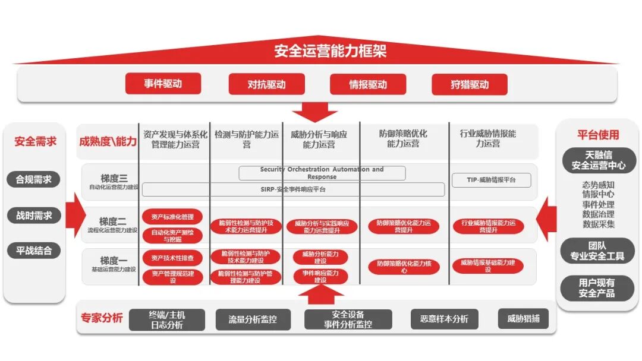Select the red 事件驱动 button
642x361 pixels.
(x=162, y=84)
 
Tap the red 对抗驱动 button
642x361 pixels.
(x=266, y=84)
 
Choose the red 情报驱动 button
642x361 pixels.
(x=368, y=84)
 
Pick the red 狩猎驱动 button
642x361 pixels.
(x=470, y=84)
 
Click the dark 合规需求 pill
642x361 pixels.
(x=34, y=179)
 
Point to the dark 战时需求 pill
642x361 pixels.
(x=34, y=215)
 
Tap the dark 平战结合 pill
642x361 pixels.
(x=34, y=251)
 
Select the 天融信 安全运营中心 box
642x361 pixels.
(x=598, y=160)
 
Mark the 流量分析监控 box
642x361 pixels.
(x=253, y=319)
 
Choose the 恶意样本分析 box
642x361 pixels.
(x=444, y=319)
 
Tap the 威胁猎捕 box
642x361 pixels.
(x=524, y=319)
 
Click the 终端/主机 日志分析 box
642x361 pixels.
(x=166, y=319)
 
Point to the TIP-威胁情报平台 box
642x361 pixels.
(x=491, y=180)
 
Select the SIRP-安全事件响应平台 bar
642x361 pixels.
(x=293, y=189)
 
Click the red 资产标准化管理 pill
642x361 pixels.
(x=172, y=217)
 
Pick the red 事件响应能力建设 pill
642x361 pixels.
(x=320, y=276)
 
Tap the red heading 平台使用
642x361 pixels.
(x=598, y=135)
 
